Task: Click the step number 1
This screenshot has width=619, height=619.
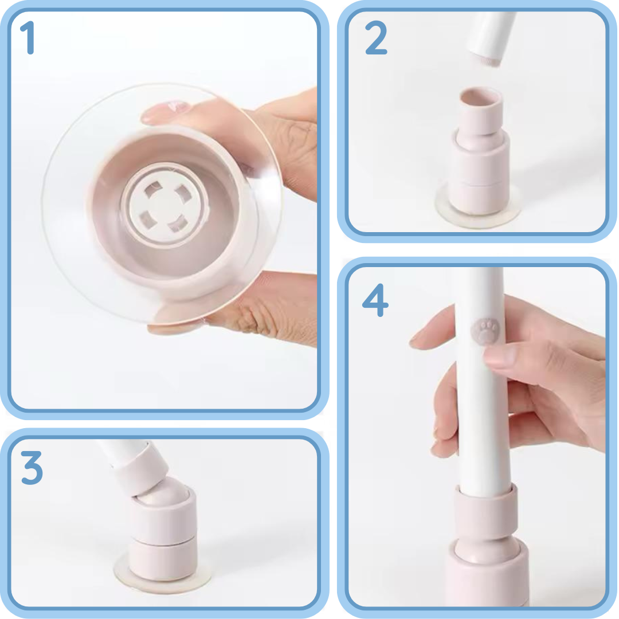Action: click(28, 37)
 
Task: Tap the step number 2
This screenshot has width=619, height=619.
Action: click(376, 37)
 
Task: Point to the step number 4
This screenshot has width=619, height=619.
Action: click(375, 300)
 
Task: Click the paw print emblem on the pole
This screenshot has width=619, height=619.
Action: click(485, 331)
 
